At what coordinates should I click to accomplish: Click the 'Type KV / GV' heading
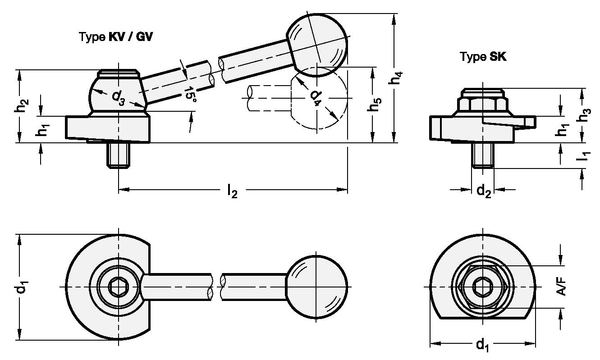click(116, 37)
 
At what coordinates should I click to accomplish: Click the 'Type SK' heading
click(483, 57)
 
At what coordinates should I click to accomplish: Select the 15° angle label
click(192, 94)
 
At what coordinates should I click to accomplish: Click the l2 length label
click(232, 191)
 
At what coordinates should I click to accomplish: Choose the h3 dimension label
click(586, 115)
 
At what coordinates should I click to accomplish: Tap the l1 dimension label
click(585, 156)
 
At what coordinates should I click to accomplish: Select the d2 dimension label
click(483, 191)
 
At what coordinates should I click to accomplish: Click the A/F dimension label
click(561, 286)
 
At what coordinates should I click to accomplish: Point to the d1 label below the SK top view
click(482, 345)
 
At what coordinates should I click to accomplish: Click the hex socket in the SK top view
click(483, 287)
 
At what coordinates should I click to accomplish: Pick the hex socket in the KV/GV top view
click(119, 287)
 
